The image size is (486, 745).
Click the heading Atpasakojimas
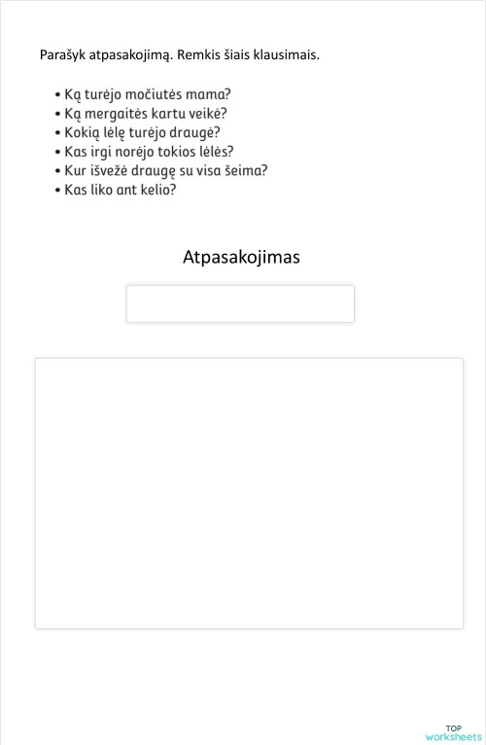click(241, 257)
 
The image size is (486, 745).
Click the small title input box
click(240, 303)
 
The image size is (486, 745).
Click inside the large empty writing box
click(249, 493)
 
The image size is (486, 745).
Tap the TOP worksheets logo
click(453, 732)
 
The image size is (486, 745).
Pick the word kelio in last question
click(155, 190)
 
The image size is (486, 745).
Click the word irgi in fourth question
click(103, 152)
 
